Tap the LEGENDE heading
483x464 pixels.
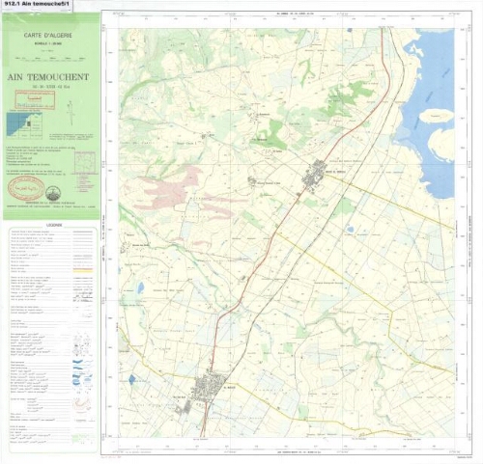point(50,222)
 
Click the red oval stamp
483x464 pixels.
point(26,184)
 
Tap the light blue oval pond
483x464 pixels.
point(140,287)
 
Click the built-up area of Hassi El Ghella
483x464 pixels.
point(317,174)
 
